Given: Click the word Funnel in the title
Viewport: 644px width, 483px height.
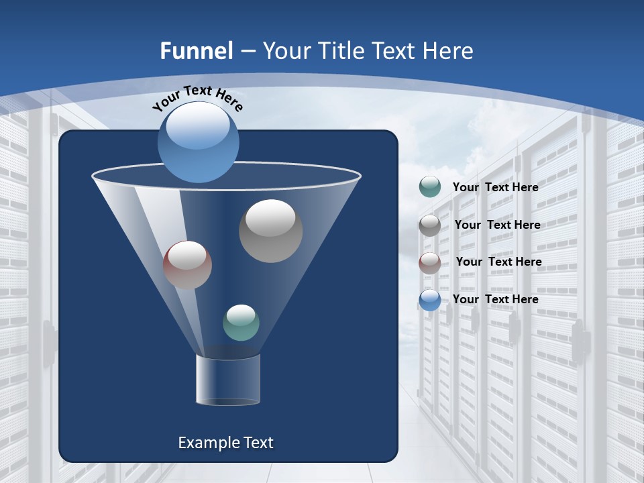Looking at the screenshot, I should [x=197, y=51].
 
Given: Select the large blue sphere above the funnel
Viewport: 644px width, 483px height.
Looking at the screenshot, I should [x=199, y=142].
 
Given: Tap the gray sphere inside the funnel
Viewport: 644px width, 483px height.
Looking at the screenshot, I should [x=270, y=231].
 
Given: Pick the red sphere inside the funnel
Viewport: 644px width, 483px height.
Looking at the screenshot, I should [x=187, y=265].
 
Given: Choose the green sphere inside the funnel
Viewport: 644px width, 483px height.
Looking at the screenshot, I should [x=241, y=323].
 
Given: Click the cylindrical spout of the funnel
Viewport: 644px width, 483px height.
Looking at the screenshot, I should [x=228, y=380].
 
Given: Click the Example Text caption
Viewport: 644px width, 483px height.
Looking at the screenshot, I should [x=225, y=443].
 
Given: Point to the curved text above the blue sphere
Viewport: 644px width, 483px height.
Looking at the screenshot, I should [x=197, y=97].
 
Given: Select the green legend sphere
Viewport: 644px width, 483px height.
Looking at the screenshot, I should [x=430, y=187].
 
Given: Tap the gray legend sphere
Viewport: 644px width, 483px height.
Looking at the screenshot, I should [x=430, y=225].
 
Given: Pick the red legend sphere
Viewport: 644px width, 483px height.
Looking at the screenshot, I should [x=430, y=262].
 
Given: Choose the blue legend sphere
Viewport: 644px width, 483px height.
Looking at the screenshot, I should [x=430, y=300].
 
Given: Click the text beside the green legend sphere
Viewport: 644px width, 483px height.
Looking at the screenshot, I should [x=495, y=188].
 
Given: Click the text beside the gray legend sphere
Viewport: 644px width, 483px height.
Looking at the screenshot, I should [x=497, y=225].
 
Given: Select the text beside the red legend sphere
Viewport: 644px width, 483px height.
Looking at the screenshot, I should [x=498, y=262].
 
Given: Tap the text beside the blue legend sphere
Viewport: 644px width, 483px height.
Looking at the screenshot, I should [x=495, y=299].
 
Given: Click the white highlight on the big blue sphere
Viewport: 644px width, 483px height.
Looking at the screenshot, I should [x=197, y=127].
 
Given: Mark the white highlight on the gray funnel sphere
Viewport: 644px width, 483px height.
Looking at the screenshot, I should [x=270, y=218].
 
